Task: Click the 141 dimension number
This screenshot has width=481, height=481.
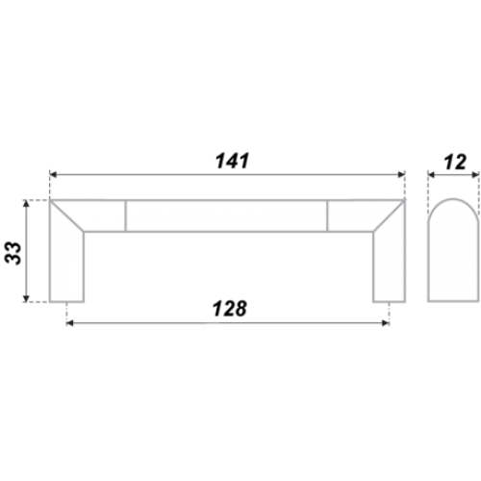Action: [233, 161]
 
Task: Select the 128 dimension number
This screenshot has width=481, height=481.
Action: [230, 309]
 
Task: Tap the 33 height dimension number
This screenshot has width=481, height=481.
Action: [13, 253]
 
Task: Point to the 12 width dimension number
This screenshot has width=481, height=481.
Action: [455, 163]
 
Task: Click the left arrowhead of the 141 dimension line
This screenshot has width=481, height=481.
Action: [53, 175]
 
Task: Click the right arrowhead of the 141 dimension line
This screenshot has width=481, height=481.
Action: [401, 175]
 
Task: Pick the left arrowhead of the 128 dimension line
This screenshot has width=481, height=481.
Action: [69, 323]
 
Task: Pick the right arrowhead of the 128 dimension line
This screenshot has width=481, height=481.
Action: [386, 323]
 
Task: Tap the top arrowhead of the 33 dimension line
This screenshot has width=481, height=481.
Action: [27, 203]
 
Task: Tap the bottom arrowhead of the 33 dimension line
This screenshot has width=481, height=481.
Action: [27, 298]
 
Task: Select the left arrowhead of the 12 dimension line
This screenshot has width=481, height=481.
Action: [432, 175]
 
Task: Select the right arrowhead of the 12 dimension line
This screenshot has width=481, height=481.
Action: [475, 175]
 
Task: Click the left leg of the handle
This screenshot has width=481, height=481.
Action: [66, 266]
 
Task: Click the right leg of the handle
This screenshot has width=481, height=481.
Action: [389, 266]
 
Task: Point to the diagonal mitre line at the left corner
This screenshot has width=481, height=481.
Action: [66, 215]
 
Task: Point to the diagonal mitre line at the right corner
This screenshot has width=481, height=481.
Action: [389, 215]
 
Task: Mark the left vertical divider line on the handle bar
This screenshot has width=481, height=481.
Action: [126, 215]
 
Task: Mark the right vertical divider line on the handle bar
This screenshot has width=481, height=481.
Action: [327, 215]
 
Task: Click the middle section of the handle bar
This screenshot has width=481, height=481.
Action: [226, 215]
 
